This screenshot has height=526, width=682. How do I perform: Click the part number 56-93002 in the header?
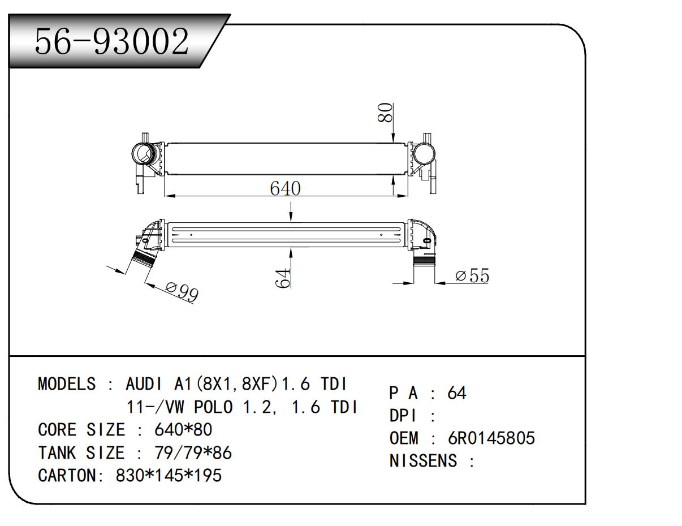click(111, 41)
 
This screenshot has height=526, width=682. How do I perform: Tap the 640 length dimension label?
click(285, 188)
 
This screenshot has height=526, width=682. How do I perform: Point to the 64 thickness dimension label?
click(283, 278)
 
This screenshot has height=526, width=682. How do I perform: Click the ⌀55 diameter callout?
click(472, 276)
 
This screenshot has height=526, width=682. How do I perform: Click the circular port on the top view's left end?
click(142, 154)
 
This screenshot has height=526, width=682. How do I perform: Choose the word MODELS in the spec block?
click(66, 385)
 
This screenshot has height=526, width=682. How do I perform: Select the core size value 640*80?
click(183, 430)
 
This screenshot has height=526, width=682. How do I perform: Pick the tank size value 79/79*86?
click(193, 453)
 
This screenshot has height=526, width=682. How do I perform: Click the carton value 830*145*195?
click(169, 476)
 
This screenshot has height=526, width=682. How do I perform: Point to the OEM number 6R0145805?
click(491, 438)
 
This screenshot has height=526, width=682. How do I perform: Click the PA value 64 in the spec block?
click(457, 393)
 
